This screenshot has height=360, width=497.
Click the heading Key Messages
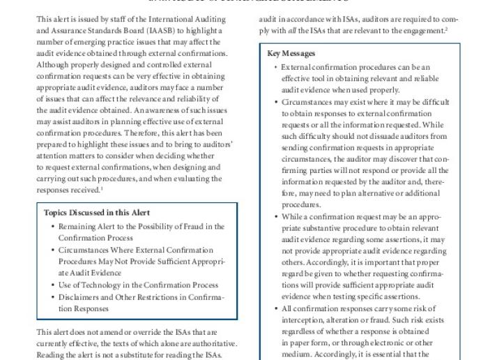(291, 54)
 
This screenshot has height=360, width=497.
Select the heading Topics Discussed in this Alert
(95, 213)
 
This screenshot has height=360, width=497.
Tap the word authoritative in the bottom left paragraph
(211, 343)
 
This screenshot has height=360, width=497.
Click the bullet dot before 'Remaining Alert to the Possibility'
(53, 227)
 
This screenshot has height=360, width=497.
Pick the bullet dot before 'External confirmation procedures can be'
(277, 67)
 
